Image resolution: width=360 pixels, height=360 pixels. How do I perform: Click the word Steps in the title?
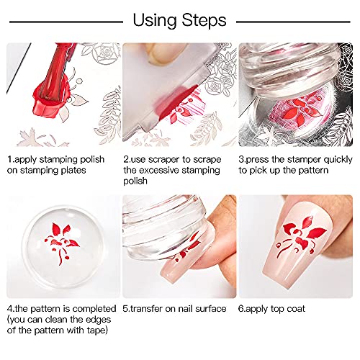coord(204,20)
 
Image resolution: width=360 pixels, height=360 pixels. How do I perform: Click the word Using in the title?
coord(155,21)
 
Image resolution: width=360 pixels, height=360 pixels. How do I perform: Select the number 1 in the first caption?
coord(9,159)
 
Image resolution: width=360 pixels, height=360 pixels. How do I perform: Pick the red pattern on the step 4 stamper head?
coord(62,243)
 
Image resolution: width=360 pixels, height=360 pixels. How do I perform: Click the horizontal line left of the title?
coord(66,22)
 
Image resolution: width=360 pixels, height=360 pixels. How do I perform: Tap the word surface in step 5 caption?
coord(211,309)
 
